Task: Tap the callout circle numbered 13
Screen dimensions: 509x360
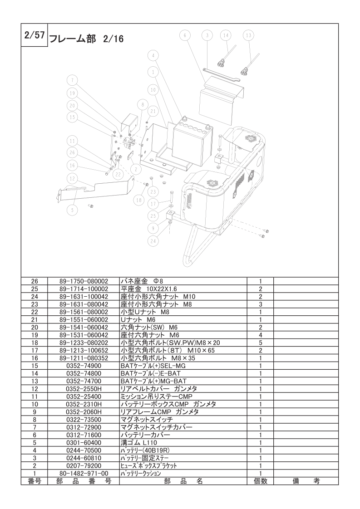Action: tap(248, 35)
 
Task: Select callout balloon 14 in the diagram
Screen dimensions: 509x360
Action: tap(227, 35)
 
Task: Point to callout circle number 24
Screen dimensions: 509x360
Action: tap(153, 241)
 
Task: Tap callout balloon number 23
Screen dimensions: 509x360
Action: tap(153, 191)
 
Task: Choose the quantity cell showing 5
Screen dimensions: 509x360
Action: tap(261, 343)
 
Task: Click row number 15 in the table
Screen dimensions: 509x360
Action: tap(35, 366)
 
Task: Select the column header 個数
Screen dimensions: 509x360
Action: tap(261, 481)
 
